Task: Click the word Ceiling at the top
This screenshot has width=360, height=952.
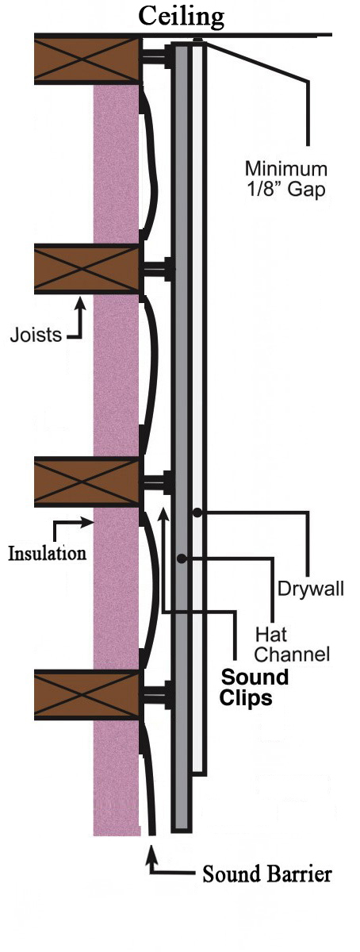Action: (x=182, y=17)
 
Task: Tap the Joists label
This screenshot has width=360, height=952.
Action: (x=36, y=335)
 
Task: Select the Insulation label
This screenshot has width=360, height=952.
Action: (x=48, y=554)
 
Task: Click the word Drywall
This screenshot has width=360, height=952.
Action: (x=311, y=589)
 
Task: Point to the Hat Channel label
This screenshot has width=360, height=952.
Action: (x=292, y=644)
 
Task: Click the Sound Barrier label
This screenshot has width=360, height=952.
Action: (x=267, y=874)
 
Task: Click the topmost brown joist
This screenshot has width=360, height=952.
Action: (x=87, y=59)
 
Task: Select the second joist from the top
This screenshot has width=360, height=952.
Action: (x=87, y=269)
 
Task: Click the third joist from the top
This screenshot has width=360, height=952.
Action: (x=87, y=482)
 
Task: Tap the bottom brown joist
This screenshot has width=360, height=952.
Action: (x=87, y=694)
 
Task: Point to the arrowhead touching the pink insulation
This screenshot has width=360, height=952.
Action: (x=86, y=523)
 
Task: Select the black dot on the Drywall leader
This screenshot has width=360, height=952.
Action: (x=197, y=512)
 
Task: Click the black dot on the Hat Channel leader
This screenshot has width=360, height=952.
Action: (x=182, y=559)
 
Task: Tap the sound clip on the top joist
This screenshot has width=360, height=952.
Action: (x=156, y=56)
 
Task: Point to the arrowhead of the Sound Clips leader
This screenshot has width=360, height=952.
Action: (x=163, y=513)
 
